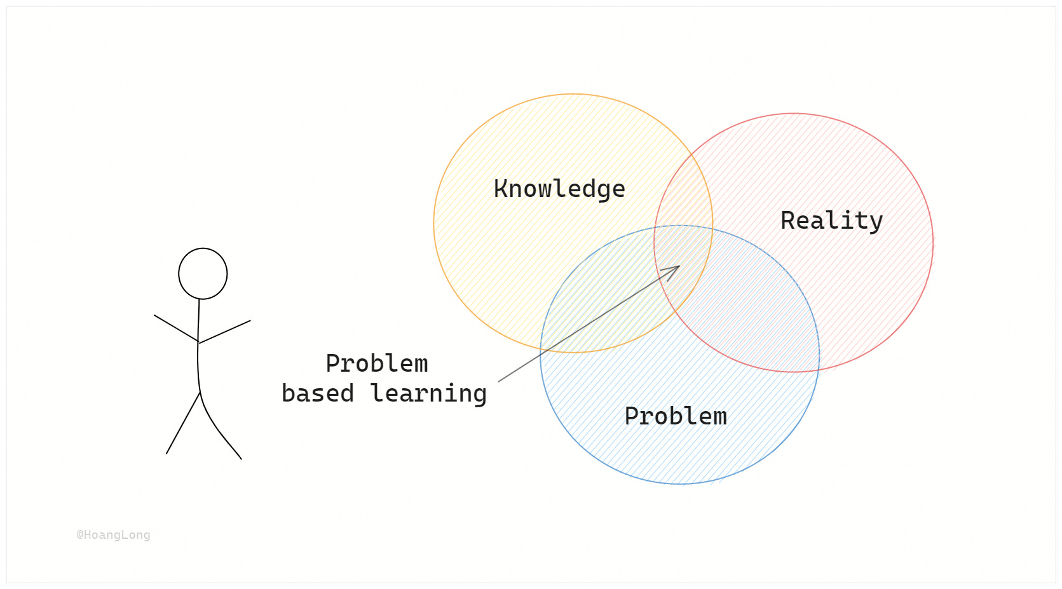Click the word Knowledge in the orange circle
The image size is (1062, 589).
point(559,189)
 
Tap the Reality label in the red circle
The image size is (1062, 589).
point(831,220)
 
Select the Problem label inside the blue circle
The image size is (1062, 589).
point(676,416)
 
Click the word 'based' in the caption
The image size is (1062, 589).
point(317,393)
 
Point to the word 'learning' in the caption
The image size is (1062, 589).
point(428,394)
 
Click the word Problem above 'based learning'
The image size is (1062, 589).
point(377,363)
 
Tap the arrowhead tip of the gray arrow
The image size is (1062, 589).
point(678,267)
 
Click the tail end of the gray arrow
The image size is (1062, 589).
point(500,381)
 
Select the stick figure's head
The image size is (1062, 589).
point(203,274)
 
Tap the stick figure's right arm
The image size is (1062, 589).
point(225,332)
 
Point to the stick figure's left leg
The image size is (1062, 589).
point(183,423)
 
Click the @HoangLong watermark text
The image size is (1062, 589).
point(113,535)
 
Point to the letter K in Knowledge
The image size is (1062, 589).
point(501,189)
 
